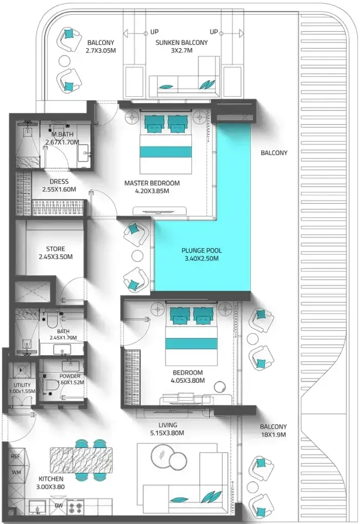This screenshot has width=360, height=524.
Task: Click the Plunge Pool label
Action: coord(202,250)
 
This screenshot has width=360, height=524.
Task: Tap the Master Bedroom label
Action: coord(152,183)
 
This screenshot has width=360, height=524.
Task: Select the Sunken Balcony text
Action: coord(181,43)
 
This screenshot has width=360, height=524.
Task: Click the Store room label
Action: coord(56,249)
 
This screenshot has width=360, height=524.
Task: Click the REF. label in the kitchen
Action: coord(16,456)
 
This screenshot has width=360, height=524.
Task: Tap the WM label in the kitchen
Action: coord(16,473)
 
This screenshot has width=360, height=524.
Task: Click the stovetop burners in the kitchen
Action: coord(76,507)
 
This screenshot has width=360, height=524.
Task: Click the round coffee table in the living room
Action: coord(163,455)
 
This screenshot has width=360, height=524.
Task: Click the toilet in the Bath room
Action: coord(52,320)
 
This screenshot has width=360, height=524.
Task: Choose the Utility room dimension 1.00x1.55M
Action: coord(22,392)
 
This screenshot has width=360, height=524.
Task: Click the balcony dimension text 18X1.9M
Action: coord(273,435)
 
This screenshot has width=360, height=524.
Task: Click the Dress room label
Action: coord(59,182)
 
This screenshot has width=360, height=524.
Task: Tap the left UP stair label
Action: coord(154,32)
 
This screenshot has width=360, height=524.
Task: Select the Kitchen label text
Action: coord(51,479)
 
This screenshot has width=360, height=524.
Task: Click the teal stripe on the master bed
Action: coord(165,151)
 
